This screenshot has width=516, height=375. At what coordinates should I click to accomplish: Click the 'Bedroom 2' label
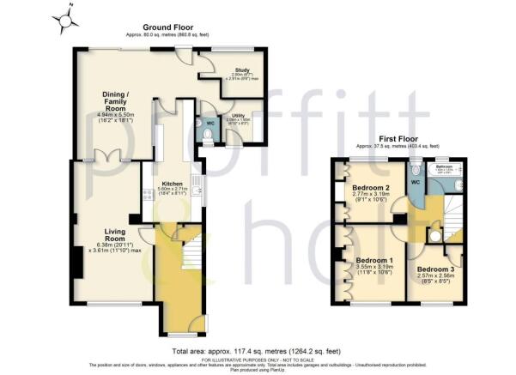coord(371,188)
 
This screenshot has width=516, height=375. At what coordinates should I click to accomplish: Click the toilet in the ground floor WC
coord(207,134)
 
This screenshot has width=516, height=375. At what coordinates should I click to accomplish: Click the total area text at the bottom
coord(257,352)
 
